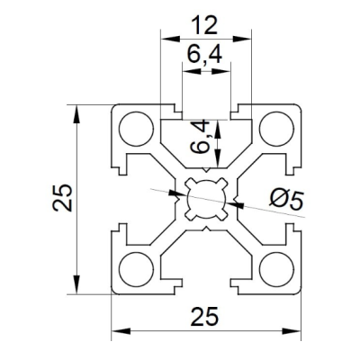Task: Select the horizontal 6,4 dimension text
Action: (204, 54)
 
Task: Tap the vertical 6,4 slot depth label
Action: (201, 137)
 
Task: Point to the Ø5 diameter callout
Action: (286, 200)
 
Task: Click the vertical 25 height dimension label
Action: (62, 198)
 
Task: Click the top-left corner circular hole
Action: (137, 129)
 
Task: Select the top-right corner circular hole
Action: (276, 129)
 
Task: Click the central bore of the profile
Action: (206, 199)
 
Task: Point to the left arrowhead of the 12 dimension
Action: (170, 39)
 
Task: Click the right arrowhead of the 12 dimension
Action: (242, 39)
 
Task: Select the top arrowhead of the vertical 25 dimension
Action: (77, 114)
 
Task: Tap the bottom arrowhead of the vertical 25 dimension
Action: (77, 284)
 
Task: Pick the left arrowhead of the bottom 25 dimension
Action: (121, 331)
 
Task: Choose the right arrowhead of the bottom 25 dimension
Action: (291, 331)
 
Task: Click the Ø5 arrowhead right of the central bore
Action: (235, 204)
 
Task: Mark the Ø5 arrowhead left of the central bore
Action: (178, 193)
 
